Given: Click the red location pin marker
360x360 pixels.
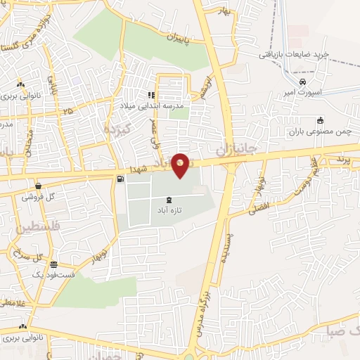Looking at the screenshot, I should click(x=181, y=165).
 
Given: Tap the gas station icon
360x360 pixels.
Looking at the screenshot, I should click(x=121, y=179).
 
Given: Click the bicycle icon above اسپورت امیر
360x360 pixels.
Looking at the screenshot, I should click(x=302, y=81).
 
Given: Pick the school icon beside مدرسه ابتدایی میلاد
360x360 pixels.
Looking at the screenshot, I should click(x=150, y=96).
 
